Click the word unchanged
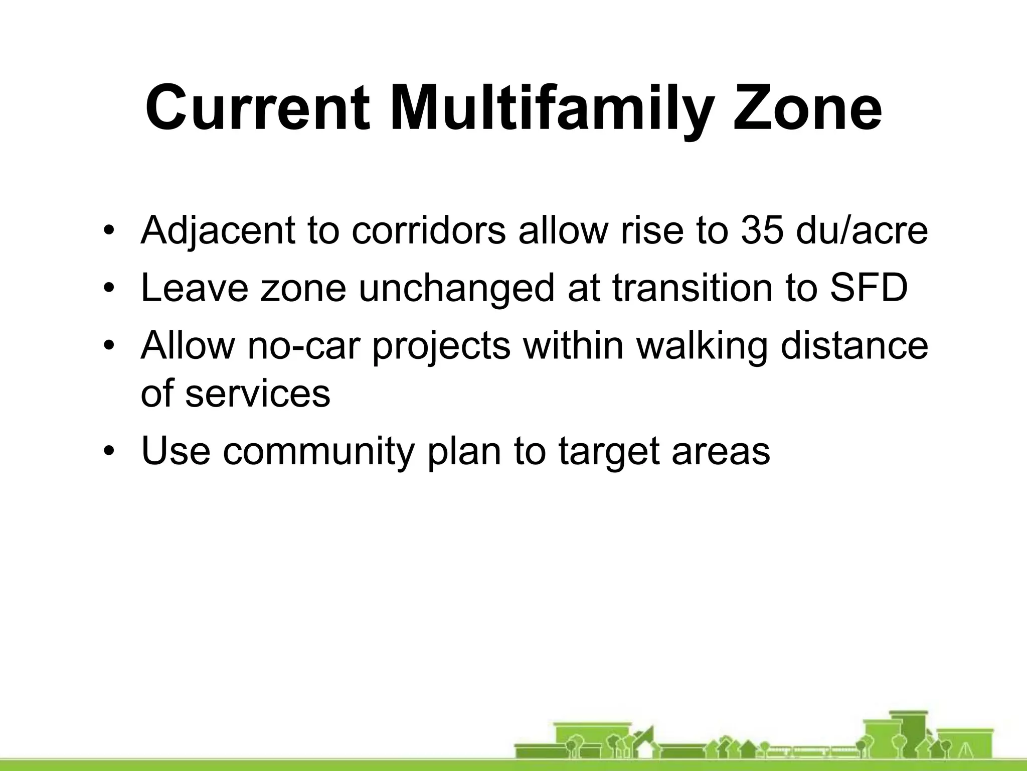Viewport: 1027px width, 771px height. tap(456, 288)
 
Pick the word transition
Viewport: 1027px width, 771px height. tap(692, 288)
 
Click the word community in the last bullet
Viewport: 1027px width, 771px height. tap(318, 451)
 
